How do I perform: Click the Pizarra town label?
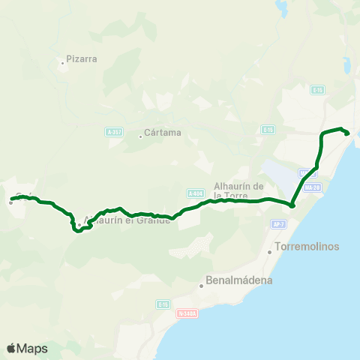click(x=82, y=58)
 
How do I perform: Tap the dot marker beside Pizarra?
click(x=63, y=63)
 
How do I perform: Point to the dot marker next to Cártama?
click(x=141, y=136)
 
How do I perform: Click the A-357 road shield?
click(x=113, y=131)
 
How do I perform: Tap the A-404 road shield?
click(x=196, y=193)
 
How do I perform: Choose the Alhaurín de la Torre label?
click(x=240, y=190)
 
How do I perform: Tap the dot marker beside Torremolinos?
click(x=270, y=252)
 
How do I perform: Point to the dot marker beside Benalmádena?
click(x=202, y=286)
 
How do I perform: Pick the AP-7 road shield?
click(x=277, y=223)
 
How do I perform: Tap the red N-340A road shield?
click(x=187, y=313)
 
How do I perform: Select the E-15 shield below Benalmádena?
click(x=163, y=304)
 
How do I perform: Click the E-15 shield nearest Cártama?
click(x=267, y=130)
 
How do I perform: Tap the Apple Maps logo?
click(x=27, y=348)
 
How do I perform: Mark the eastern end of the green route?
click(x=347, y=133)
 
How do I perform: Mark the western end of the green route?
click(x=12, y=199)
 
